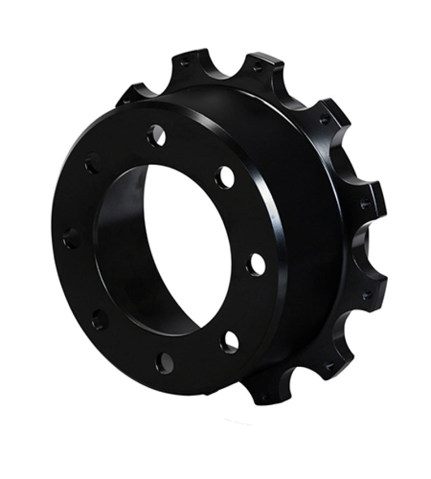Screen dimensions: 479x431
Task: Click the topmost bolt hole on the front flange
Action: [156, 135]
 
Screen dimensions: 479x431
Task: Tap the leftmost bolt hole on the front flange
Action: [71, 238]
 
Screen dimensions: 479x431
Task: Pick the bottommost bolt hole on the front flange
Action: [165, 362]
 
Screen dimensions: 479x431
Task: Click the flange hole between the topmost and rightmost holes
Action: [224, 177]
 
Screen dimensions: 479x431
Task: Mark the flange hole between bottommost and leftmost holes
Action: [100, 320]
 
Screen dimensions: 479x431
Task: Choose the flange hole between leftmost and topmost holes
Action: [93, 162]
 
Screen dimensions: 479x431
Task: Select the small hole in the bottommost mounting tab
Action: [263, 397]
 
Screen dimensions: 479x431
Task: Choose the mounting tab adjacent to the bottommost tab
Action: [329, 366]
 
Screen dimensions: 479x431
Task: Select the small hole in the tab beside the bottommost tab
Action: [329, 366]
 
